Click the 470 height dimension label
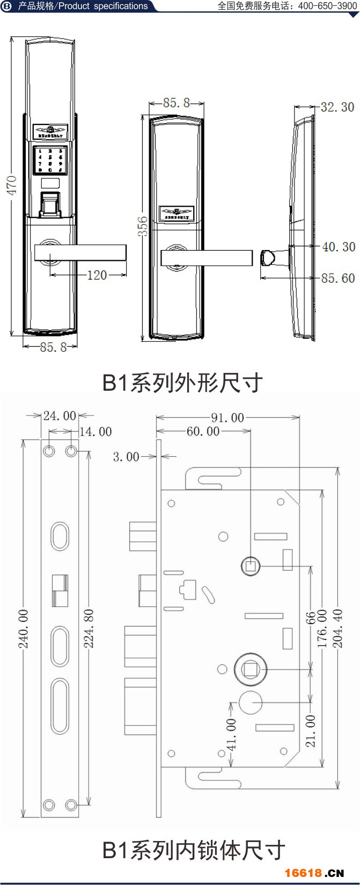click(12, 185)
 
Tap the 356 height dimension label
click(143, 227)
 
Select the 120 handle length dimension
click(97, 275)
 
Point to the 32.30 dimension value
click(337, 107)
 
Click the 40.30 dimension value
click(339, 247)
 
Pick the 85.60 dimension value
click(338, 278)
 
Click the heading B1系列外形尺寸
click(182, 383)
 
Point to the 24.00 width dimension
click(60, 416)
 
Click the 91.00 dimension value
click(227, 418)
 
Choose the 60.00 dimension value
click(203, 431)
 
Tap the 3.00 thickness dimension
click(126, 457)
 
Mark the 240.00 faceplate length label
click(24, 628)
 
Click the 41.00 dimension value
click(231, 735)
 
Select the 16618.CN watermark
click(314, 873)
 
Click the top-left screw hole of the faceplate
click(49, 451)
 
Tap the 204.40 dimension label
click(337, 628)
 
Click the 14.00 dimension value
click(95, 432)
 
